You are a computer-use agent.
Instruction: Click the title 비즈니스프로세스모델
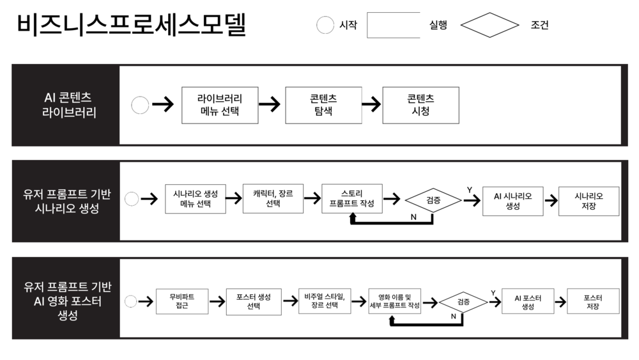pos(131,24)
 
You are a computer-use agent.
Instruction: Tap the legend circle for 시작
pos(325,25)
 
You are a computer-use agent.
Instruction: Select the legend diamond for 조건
pos(489,25)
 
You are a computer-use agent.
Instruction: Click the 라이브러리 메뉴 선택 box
pos(220,106)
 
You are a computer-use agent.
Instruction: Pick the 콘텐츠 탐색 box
pos(323,106)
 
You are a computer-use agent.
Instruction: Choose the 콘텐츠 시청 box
pos(420,106)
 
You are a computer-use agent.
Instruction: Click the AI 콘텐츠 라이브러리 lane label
pos(69,105)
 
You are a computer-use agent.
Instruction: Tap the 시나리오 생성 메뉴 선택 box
pos(195,199)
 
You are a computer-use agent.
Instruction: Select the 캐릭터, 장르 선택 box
pos(273,199)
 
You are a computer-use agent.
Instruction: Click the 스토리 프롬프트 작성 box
pos(351,199)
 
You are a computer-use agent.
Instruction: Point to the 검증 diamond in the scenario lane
pos(433,200)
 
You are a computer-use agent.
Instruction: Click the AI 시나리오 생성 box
pos(512,201)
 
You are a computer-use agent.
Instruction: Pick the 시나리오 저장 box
pos(589,201)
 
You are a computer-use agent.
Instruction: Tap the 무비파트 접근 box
pos(181,301)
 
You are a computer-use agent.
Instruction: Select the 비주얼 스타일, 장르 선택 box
pos(325,301)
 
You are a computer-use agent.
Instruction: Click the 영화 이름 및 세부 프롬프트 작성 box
pos(394,301)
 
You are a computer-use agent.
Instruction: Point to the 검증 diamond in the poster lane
pos(463,302)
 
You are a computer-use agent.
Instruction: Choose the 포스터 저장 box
pos(593,301)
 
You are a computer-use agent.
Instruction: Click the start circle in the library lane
pos(140,105)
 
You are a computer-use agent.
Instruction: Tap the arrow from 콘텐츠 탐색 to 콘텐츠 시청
pos(371,104)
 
